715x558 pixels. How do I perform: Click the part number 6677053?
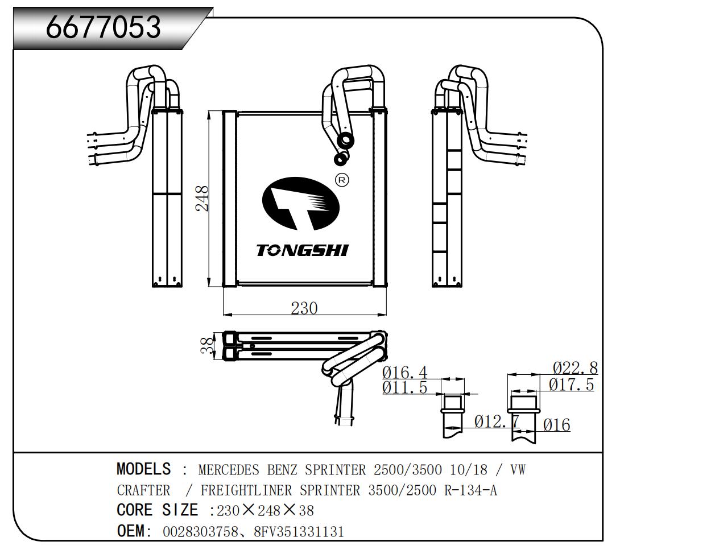104,27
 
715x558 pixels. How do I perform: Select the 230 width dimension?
304,308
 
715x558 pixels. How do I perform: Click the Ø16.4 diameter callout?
404,373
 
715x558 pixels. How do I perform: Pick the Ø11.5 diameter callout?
404,388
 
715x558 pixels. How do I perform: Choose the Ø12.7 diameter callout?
497,421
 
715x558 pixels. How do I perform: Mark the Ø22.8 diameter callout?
575,368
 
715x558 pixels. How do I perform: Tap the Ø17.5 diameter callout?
571,385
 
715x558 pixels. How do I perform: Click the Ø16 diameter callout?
556,425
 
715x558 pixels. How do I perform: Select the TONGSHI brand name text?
302,250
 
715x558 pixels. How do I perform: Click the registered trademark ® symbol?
342,180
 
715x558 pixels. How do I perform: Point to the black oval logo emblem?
300,203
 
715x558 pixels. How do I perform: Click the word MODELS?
143,469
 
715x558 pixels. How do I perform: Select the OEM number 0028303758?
199,532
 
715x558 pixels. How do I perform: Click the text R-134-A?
470,490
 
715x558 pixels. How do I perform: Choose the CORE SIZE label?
157,510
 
